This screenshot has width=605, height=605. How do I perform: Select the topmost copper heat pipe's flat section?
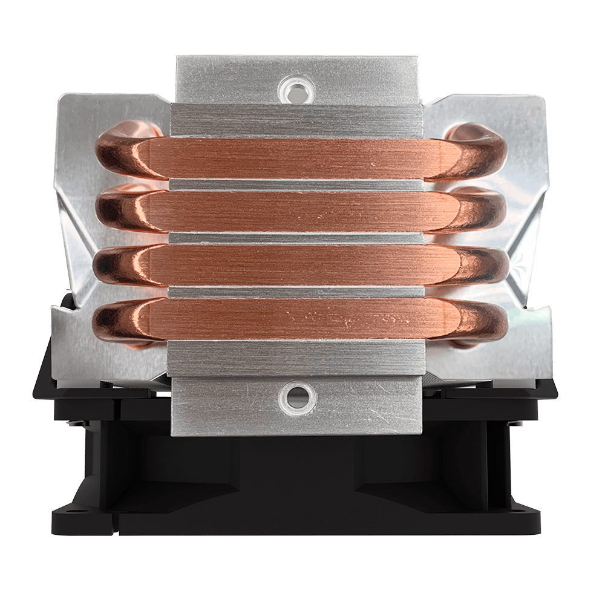point(296,159)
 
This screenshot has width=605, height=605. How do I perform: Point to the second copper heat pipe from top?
point(296,212)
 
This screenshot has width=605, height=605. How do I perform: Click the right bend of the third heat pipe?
point(481,266)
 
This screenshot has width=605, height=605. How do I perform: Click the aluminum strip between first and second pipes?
point(296,185)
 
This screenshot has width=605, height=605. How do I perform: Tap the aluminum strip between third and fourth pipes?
point(296,292)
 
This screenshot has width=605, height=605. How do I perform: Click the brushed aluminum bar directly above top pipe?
point(296,121)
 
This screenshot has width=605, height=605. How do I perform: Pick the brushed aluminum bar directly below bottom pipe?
point(296,357)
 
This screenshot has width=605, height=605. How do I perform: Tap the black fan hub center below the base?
point(296,466)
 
